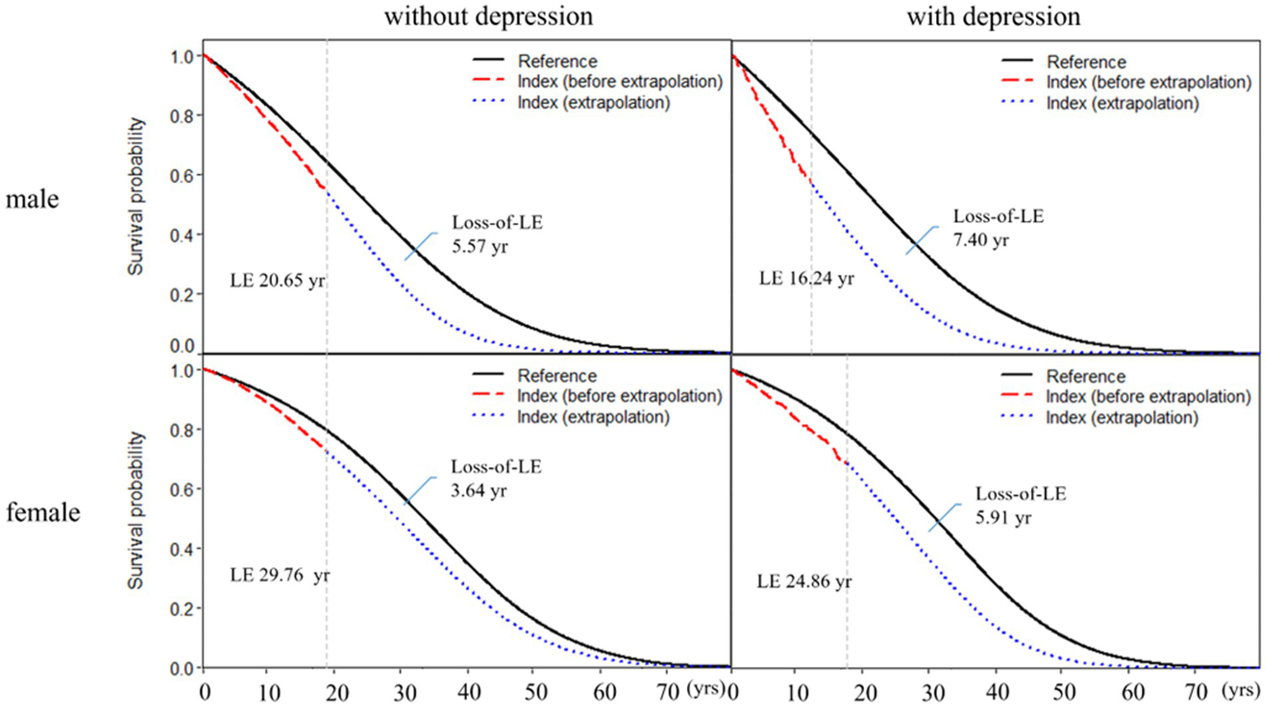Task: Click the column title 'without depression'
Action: click(x=487, y=16)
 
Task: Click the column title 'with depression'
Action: click(x=993, y=16)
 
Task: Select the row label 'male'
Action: click(x=32, y=200)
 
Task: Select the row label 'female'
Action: click(x=43, y=512)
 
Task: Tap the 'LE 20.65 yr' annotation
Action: click(x=277, y=280)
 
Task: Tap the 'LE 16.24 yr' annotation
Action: click(x=806, y=279)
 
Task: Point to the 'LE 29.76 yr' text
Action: click(x=279, y=576)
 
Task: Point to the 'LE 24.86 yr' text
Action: click(x=804, y=581)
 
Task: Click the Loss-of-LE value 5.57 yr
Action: click(x=479, y=247)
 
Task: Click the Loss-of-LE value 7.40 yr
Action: click(x=981, y=241)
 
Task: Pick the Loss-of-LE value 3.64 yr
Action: click(x=478, y=491)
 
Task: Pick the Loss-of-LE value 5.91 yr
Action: click(x=1003, y=518)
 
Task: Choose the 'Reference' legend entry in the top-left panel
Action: click(x=557, y=61)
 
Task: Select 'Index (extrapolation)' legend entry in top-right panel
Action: click(x=1122, y=103)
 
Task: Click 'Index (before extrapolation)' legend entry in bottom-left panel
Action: click(x=619, y=396)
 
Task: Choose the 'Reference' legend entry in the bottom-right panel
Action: click(x=1085, y=376)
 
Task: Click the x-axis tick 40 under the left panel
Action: click(x=468, y=692)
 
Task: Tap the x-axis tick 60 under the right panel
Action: click(x=1132, y=692)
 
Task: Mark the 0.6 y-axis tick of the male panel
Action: click(x=182, y=176)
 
